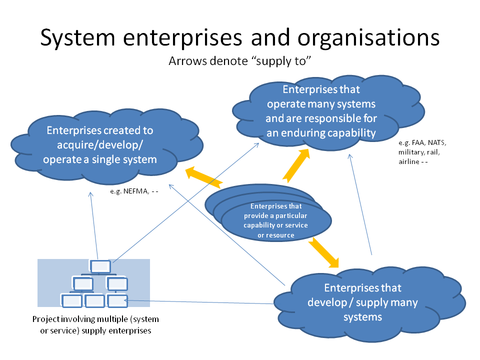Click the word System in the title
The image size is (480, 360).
point(78,38)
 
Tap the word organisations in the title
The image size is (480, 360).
point(368,38)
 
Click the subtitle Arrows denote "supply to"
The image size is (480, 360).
point(239,61)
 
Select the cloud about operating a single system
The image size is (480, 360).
point(107,146)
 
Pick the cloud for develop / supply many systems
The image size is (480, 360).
point(370,303)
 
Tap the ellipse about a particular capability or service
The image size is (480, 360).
point(276,220)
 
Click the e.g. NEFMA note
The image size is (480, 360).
point(134,191)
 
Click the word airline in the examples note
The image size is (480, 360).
point(408,161)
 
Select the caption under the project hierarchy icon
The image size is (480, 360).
point(96,325)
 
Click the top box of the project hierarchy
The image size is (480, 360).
point(100,266)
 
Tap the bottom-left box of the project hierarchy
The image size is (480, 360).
point(71,300)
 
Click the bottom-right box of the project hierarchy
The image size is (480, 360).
point(117,300)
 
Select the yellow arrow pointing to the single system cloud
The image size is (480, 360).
point(203,177)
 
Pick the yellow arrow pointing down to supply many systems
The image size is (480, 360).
point(324,252)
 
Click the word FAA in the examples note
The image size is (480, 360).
point(418,142)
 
